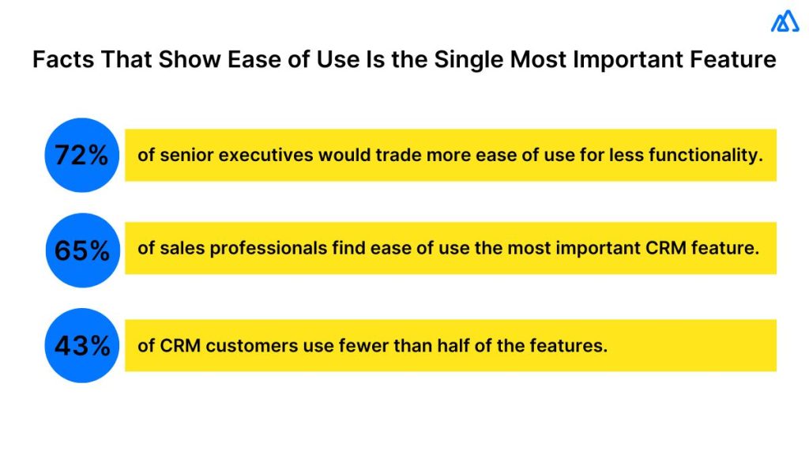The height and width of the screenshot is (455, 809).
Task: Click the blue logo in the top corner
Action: click(x=785, y=23)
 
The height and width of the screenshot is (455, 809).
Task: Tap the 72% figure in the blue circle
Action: click(x=81, y=156)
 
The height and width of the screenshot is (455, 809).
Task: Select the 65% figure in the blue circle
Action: click(x=81, y=250)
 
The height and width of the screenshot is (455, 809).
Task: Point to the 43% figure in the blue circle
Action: click(x=81, y=345)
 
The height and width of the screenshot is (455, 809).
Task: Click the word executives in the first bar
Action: click(x=265, y=156)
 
